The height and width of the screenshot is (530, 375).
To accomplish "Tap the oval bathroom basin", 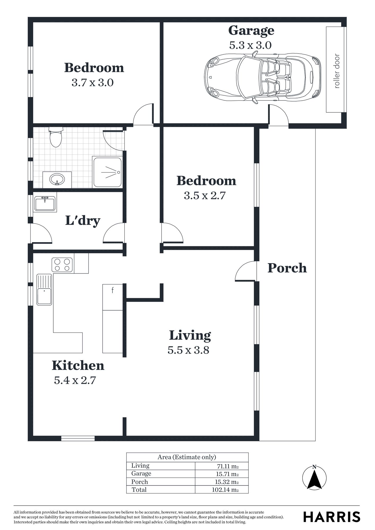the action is (x=57, y=179).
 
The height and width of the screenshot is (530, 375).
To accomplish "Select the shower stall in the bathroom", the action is (x=107, y=172).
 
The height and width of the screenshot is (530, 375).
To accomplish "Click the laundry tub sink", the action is (x=45, y=204).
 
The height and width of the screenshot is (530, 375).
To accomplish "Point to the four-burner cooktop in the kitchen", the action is (x=62, y=265).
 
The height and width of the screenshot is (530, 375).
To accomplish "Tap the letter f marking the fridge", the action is (x=112, y=290).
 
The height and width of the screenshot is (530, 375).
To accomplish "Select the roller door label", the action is (x=337, y=71).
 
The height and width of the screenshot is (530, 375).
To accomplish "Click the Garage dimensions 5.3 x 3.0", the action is (x=250, y=45).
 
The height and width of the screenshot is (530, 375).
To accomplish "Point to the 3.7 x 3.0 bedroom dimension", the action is (x=93, y=83).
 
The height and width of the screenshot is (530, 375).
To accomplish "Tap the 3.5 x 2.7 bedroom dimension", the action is (x=204, y=196).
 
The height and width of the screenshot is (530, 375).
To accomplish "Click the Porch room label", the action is (x=287, y=268).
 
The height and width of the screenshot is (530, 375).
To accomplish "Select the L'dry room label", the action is (x=83, y=221).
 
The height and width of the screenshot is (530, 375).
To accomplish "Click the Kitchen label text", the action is (x=78, y=365).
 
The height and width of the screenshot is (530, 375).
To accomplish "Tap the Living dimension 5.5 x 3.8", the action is (x=188, y=350).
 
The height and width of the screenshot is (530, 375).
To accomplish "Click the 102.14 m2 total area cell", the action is (x=225, y=489).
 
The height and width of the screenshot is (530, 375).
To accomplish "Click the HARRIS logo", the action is (x=332, y=517).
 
